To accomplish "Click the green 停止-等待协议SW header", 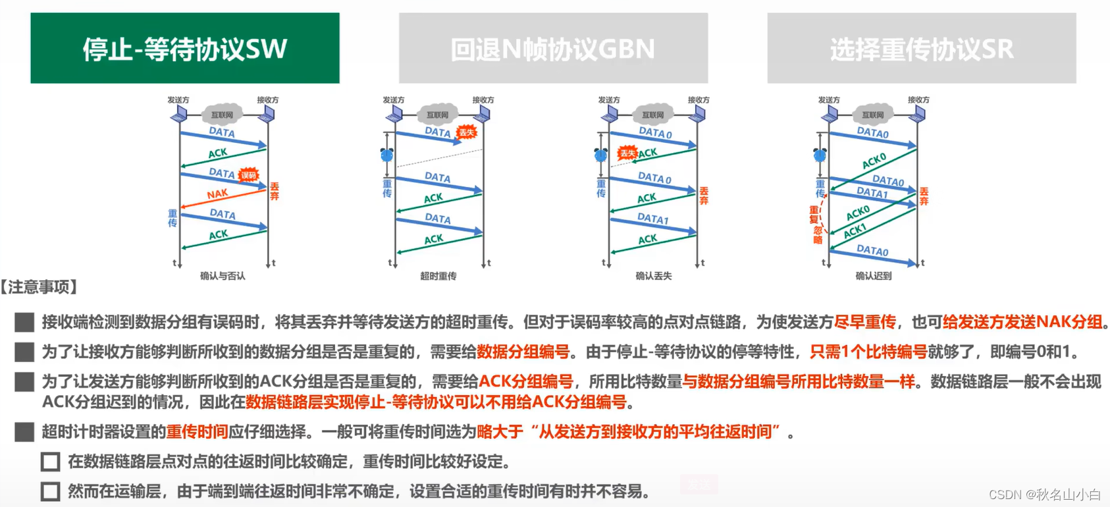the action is (x=185, y=48).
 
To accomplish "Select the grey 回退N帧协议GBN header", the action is (x=553, y=48).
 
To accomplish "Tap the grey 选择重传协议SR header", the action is (x=921, y=48).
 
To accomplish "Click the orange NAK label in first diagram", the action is (x=217, y=194).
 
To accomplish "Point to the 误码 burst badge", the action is (x=248, y=175).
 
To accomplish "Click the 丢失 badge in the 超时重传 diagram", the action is (x=466, y=132).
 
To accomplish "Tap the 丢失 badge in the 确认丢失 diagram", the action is (x=627, y=153).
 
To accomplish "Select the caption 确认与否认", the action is (x=223, y=276).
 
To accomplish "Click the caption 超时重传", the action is (x=438, y=276).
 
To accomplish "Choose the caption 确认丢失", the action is (x=653, y=276).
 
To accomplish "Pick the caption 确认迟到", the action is (x=873, y=276).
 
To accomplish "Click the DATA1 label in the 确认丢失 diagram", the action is (x=652, y=219).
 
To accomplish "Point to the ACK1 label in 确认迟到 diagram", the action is (x=855, y=231).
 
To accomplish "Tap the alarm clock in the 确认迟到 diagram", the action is (x=820, y=155).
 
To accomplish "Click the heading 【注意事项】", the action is (x=40, y=286).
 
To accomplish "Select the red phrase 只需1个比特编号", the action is (x=868, y=352).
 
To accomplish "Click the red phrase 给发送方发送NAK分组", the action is (x=1022, y=322).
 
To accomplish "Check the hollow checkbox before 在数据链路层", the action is (x=51, y=462).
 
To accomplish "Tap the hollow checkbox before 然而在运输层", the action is (x=51, y=491).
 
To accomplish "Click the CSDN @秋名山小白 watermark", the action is (x=1044, y=494).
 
